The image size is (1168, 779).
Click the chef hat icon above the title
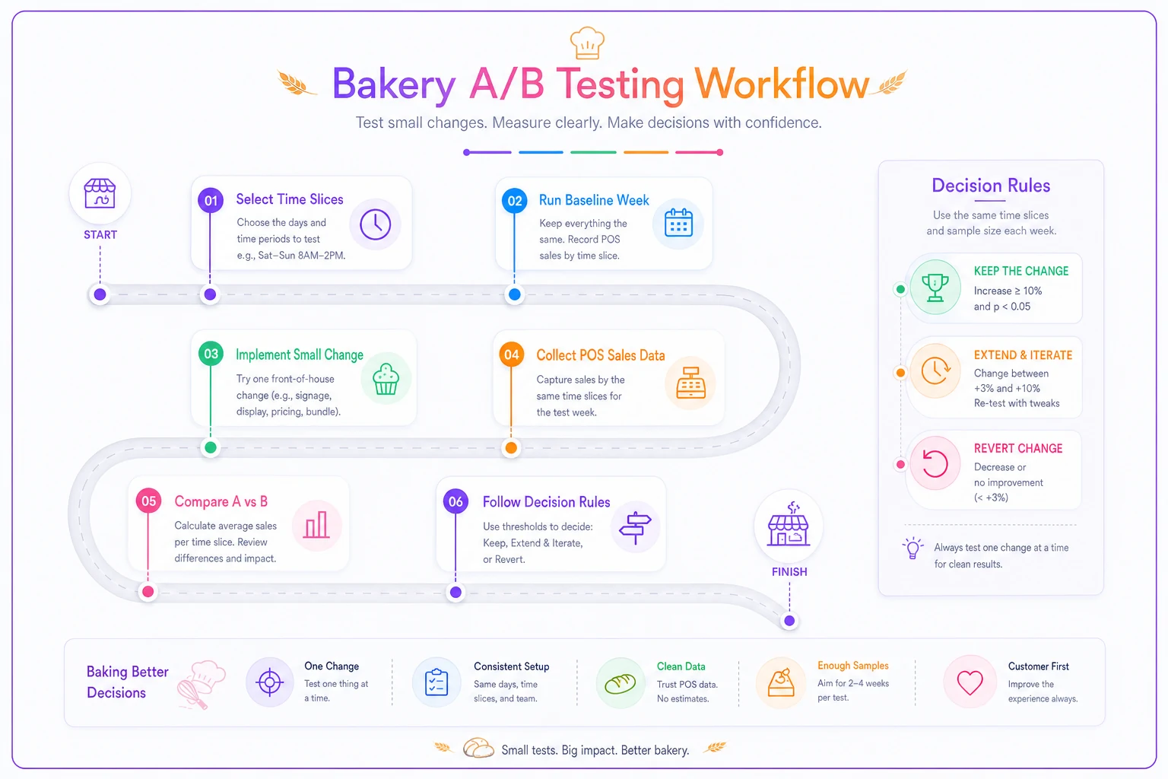click(x=587, y=43)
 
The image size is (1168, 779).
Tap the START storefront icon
click(x=100, y=193)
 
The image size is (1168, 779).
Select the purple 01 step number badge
click(x=211, y=200)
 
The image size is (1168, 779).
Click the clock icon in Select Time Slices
click(x=375, y=224)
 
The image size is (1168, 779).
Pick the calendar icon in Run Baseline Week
click(x=678, y=223)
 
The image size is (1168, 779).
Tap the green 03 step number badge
click(x=211, y=354)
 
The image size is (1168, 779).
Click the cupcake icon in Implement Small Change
click(x=386, y=379)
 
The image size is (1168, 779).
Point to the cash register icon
click(x=690, y=383)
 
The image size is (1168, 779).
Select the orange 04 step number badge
click(x=512, y=355)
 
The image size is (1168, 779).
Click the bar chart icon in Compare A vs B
click(x=316, y=524)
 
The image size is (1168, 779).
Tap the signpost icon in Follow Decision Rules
click(x=635, y=527)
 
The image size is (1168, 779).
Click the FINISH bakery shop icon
click(x=789, y=524)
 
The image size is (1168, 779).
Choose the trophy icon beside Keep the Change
click(x=935, y=288)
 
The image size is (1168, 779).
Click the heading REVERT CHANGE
click(x=1018, y=448)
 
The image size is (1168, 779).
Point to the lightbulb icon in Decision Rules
click(x=912, y=548)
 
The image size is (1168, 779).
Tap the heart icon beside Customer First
click(x=970, y=682)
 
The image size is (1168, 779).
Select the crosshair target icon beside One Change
click(x=270, y=682)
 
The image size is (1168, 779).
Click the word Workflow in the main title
click(x=781, y=84)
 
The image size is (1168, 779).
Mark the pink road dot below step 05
click(x=148, y=591)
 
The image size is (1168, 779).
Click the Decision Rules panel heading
click(x=991, y=185)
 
